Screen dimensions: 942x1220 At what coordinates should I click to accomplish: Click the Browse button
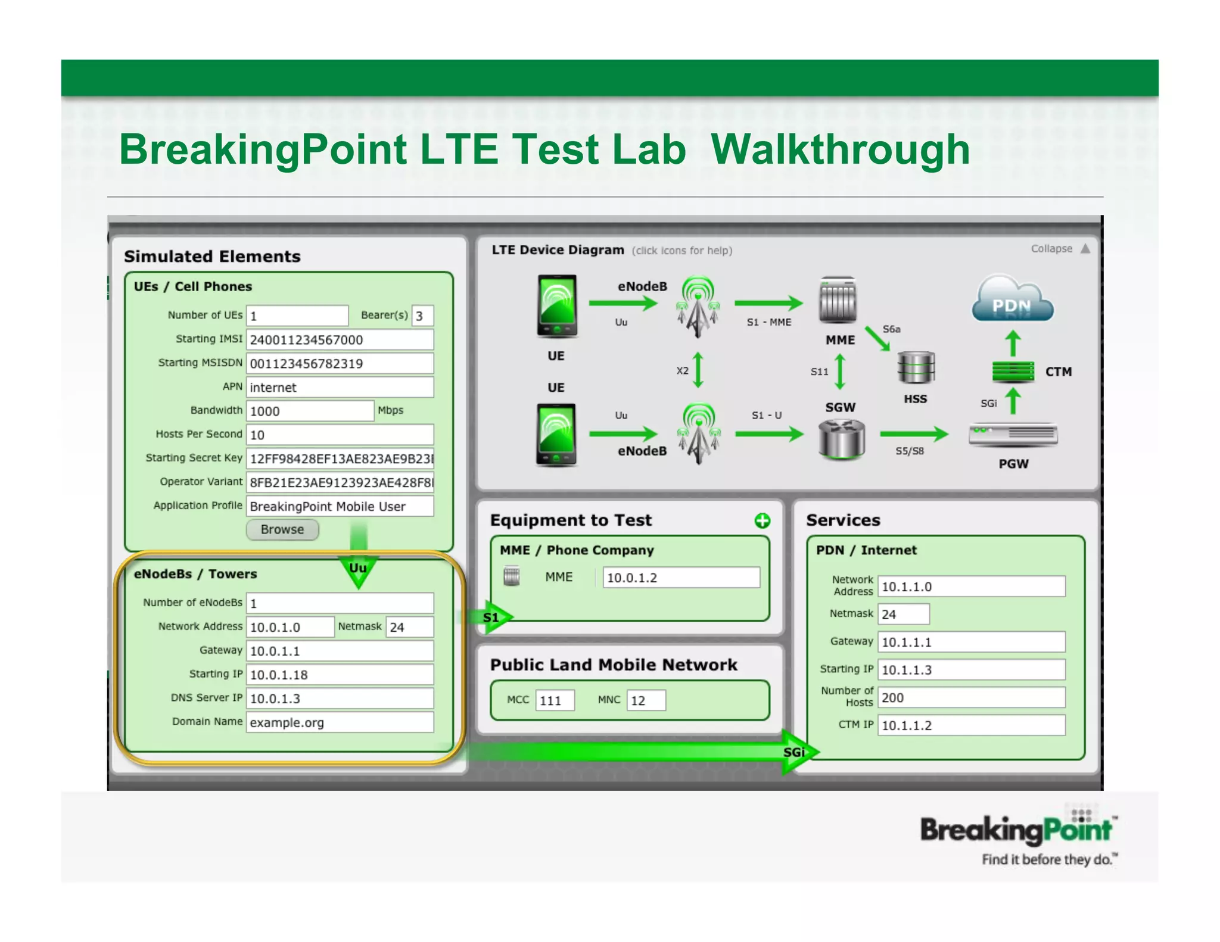(282, 529)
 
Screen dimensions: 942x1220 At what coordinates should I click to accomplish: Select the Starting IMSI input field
(340, 339)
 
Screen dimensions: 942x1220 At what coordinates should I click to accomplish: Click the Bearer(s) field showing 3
(422, 316)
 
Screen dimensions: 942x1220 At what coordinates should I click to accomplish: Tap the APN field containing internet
(340, 387)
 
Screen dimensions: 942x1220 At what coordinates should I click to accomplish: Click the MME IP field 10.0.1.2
(681, 578)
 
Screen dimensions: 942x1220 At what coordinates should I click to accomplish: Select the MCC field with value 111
(555, 700)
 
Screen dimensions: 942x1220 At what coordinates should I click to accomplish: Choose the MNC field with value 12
(646, 700)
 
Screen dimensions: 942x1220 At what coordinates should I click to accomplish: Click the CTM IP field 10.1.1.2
(971, 725)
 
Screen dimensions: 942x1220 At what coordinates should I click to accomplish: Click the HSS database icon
(916, 368)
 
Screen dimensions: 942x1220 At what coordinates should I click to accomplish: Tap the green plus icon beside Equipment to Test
(762, 520)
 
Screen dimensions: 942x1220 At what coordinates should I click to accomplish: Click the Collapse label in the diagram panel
(1051, 249)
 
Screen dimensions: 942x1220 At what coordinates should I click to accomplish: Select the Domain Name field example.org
(340, 722)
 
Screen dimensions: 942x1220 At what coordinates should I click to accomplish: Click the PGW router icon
(1013, 435)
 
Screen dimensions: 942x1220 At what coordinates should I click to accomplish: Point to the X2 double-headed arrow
(698, 370)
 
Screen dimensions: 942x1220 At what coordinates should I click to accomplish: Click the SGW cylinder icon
(841, 439)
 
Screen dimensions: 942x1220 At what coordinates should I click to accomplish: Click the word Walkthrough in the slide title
(840, 149)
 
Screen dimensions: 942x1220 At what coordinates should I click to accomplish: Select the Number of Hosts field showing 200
(971, 697)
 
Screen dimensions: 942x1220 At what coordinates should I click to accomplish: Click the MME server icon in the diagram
(838, 300)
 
